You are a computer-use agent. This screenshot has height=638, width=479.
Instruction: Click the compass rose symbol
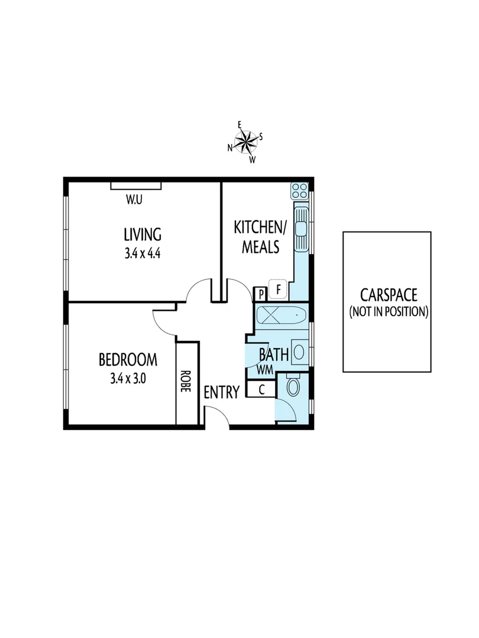coord(245,141)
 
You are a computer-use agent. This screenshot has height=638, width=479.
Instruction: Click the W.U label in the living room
coord(134,200)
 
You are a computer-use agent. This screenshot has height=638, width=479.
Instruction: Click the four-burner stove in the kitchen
coord(299,191)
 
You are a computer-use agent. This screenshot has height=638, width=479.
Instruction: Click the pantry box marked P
coord(260,294)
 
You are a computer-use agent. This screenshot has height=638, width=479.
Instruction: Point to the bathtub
coord(281,316)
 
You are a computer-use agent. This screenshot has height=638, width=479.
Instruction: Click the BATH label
coord(274,355)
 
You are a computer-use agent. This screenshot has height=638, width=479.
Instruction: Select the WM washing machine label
coord(264,370)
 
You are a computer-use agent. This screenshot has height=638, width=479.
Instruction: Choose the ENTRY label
coord(222,392)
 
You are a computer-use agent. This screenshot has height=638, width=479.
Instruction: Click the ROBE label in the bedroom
coord(187,382)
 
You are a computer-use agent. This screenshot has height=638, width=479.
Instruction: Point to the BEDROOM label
coord(128,359)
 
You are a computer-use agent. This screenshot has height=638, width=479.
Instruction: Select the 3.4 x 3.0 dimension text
coord(128,379)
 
